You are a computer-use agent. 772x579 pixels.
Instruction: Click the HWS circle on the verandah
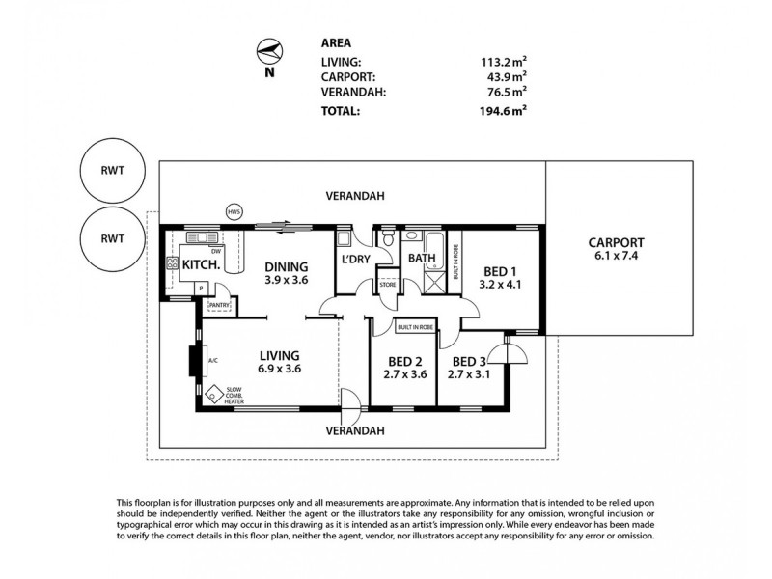pos(234,211)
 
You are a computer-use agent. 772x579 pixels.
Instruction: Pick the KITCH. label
pos(200,263)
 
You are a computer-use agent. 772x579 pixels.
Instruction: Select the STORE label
pos(387,284)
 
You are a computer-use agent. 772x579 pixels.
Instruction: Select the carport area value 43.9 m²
pos(504,76)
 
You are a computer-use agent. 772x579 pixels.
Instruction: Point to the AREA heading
pos(335,44)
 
